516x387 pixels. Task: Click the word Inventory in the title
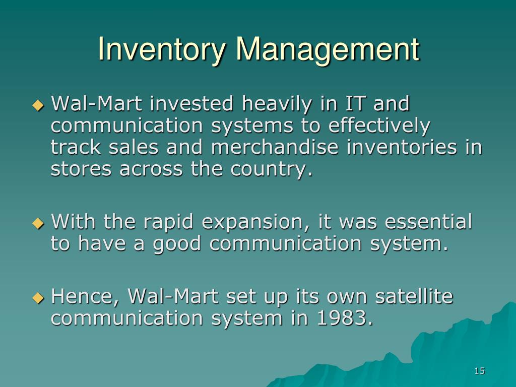tap(162, 49)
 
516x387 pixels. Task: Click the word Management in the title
tap(328, 49)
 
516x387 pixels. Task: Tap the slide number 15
tap(480, 371)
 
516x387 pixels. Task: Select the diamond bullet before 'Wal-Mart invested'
tap(38, 106)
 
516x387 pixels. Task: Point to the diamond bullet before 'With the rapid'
tap(38, 224)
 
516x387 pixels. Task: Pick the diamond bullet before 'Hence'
tap(38, 298)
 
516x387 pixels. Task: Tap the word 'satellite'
tap(414, 296)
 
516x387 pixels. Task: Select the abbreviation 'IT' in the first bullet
tap(355, 103)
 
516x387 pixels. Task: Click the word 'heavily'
tap(277, 105)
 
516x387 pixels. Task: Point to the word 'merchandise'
tap(275, 147)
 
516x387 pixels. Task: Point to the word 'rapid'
tap(168, 223)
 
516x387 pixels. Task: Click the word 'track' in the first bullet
tap(76, 147)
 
